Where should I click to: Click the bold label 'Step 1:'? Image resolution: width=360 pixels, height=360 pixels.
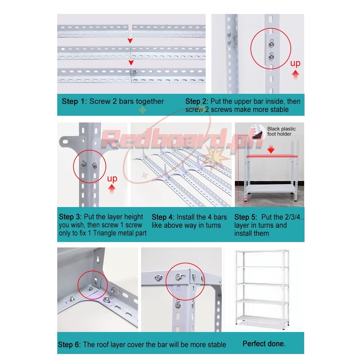click(75, 101)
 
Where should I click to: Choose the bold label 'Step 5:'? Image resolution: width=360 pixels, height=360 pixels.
click(246, 216)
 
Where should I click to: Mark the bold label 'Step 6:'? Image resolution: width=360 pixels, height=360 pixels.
click(70, 345)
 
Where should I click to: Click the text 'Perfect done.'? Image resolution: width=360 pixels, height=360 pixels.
click(264, 344)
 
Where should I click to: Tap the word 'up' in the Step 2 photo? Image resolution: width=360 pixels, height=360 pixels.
click(295, 63)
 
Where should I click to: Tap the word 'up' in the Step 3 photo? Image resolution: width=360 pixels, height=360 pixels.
click(112, 179)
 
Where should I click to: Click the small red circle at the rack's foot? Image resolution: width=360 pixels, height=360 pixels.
click(245, 200)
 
